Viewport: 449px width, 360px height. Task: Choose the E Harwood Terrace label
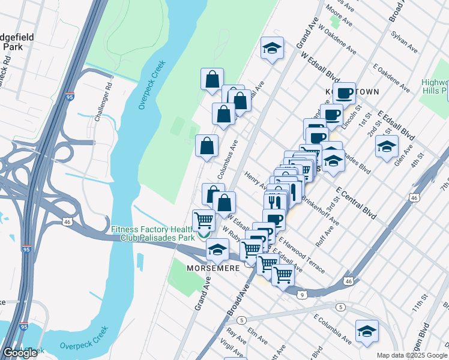click(301, 254)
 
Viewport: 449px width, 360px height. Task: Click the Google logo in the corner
click(20, 353)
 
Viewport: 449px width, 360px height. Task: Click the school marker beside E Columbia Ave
click(366, 331)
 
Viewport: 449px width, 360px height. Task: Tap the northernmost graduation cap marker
click(273, 48)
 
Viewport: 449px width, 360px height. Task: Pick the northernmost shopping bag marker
click(212, 79)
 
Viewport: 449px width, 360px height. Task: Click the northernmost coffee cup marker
click(344, 94)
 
